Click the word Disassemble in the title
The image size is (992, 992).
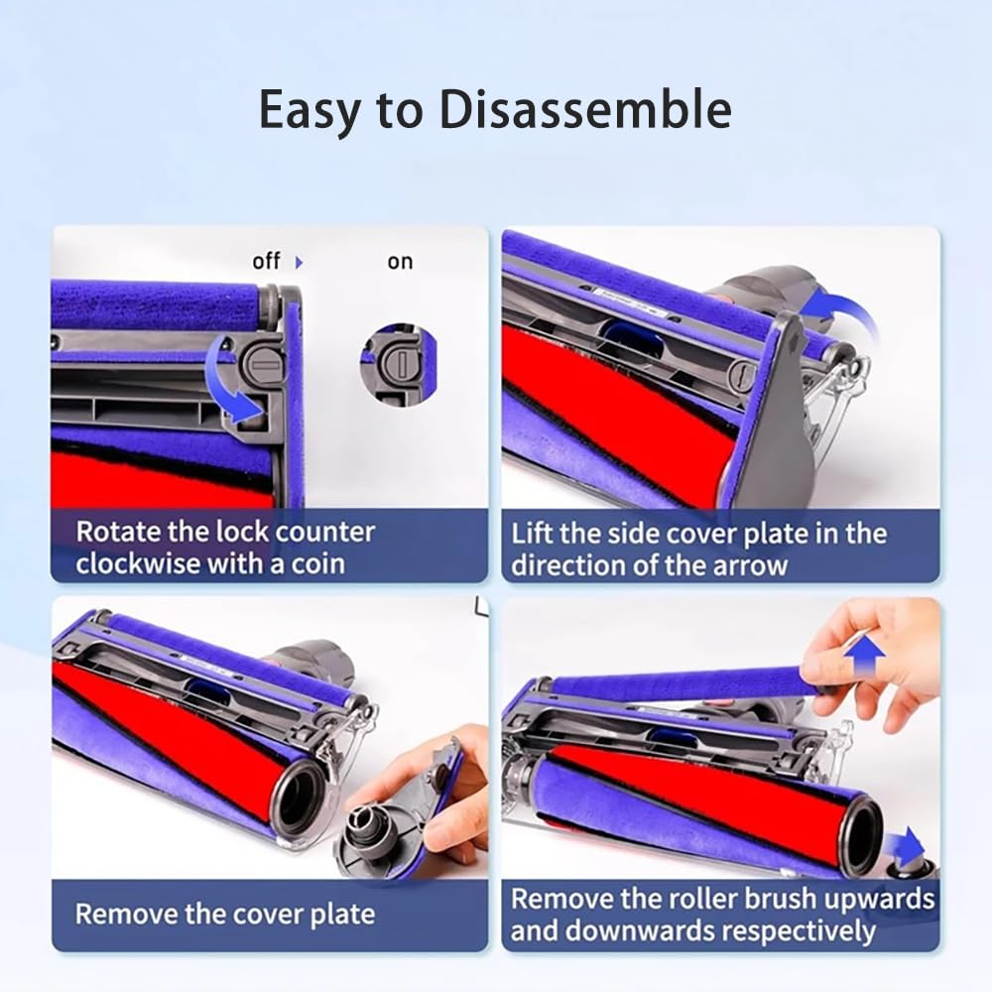(585, 110)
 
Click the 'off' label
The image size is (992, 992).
(266, 261)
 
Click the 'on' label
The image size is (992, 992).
(400, 262)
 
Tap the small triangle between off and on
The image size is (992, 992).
(300, 263)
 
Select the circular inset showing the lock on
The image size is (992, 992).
(398, 362)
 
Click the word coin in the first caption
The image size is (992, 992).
(312, 563)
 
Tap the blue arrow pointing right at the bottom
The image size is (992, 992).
(905, 847)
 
